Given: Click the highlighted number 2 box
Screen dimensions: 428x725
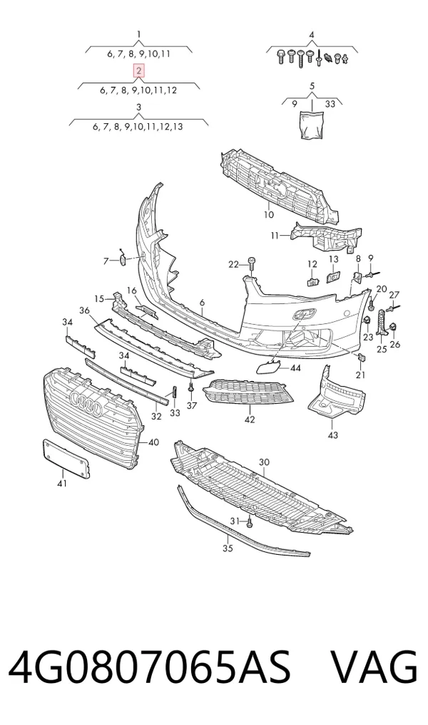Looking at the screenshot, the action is point(139,71).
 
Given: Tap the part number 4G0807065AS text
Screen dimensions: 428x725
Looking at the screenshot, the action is point(150,667).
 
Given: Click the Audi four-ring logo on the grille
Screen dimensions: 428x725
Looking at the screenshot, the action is point(86,402).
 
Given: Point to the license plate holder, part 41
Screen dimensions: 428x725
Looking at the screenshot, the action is point(66,459).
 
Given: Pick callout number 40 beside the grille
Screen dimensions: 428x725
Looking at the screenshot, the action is point(153,442).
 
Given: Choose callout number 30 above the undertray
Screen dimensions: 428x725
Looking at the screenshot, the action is point(264,462).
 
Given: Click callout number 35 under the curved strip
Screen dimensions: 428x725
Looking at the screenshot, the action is point(228,548).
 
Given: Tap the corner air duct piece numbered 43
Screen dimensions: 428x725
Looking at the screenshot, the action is point(336,393).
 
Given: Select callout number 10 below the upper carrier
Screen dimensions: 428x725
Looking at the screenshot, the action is point(269,214).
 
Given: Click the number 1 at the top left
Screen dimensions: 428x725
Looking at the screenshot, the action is point(139,33).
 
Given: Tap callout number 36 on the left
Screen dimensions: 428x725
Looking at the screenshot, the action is point(84,311).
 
